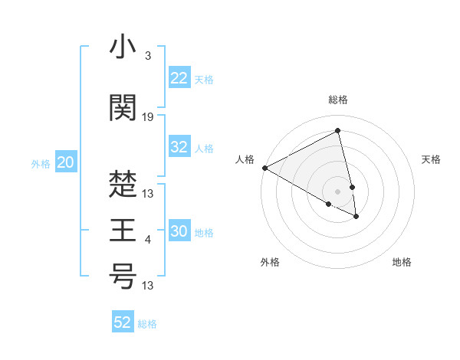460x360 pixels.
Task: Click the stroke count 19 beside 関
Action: coord(148,117)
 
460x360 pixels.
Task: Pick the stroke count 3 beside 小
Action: coord(147,56)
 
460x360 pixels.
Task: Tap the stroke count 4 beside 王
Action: coord(148,241)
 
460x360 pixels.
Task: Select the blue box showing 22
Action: coord(179,78)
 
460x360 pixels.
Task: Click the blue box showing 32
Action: coord(179,147)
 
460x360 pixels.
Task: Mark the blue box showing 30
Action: coord(179,232)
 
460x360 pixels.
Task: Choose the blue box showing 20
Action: coord(66,162)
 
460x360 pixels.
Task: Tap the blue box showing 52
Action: coord(123,322)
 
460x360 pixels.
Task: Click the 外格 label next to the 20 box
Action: coord(41,163)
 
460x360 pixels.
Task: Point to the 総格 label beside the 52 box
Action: coord(147,324)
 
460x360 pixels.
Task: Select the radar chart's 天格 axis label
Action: coord(431,159)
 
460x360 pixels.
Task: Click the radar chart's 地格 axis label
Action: coord(402,262)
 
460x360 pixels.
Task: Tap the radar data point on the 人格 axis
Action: coord(264,168)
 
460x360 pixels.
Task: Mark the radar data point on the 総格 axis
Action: coord(337,131)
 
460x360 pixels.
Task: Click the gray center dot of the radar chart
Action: coord(337,191)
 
